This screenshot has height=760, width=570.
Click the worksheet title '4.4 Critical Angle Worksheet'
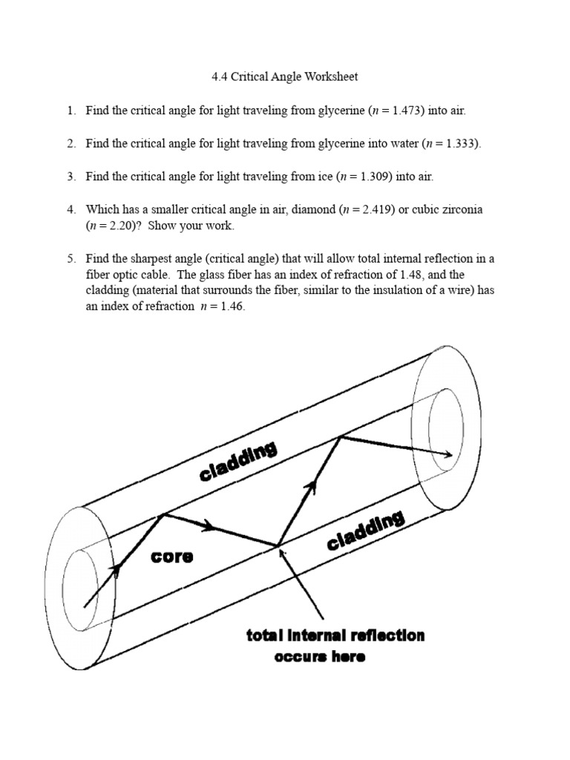click(x=285, y=76)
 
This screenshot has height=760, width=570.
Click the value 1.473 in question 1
click(x=423, y=111)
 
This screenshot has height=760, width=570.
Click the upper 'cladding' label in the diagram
click(x=237, y=461)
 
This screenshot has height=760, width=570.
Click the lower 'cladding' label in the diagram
click(x=365, y=531)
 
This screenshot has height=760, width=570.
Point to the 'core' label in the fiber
click(x=172, y=557)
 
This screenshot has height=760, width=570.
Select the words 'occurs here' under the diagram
click(x=320, y=657)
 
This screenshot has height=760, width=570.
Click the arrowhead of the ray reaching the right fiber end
click(x=447, y=454)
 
